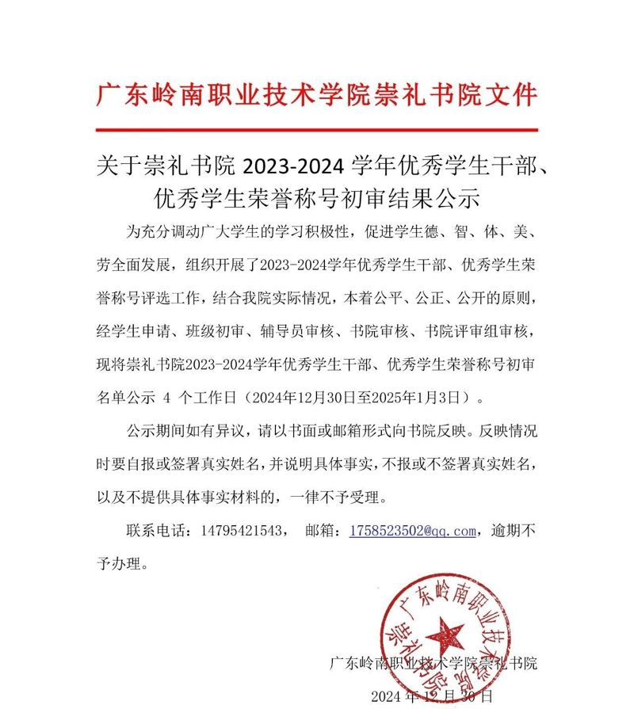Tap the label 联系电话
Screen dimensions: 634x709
[158, 531]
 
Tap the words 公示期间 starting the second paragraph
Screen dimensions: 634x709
[154, 433]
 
